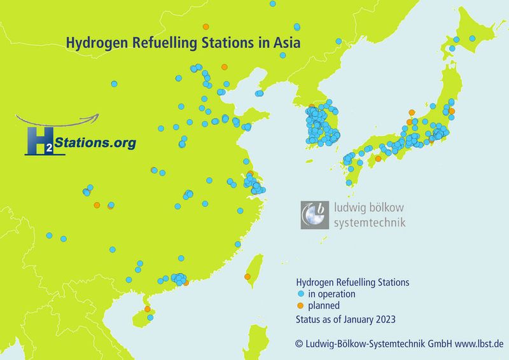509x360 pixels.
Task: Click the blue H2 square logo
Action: click(x=39, y=141)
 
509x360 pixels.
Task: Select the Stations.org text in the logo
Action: click(x=95, y=144)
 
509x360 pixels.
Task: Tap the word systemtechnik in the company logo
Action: click(x=370, y=223)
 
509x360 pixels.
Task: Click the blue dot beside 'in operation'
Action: click(x=300, y=294)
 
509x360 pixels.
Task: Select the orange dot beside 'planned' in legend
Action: click(x=300, y=305)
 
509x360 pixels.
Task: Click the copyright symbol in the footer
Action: click(x=298, y=344)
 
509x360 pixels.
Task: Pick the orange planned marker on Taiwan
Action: click(x=248, y=277)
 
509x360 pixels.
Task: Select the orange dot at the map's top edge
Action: click(x=205, y=27)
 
